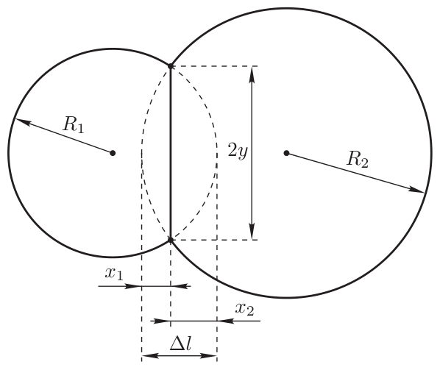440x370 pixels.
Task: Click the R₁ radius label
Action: tap(74, 124)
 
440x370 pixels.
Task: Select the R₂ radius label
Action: tap(357, 160)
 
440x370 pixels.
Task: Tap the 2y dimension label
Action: tap(238, 151)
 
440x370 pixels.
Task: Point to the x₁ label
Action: tap(114, 273)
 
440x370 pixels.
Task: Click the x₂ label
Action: tap(245, 309)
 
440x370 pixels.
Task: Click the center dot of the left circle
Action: tap(113, 153)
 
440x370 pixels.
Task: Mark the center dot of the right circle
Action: tap(286, 153)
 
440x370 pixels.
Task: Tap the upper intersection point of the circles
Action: tap(170, 66)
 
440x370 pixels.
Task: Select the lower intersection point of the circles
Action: tap(170, 240)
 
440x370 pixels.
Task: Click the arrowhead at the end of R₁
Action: tap(22, 121)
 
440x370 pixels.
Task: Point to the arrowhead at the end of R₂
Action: tap(416, 190)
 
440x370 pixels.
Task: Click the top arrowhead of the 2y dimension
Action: tap(252, 74)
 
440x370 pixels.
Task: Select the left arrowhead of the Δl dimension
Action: tap(150, 356)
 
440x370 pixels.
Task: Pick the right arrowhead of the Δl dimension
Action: tap(208, 356)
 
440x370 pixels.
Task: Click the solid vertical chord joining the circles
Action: tap(170, 153)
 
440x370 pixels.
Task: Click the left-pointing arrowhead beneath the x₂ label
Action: tap(225, 321)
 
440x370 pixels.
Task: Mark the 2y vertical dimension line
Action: tap(252, 153)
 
